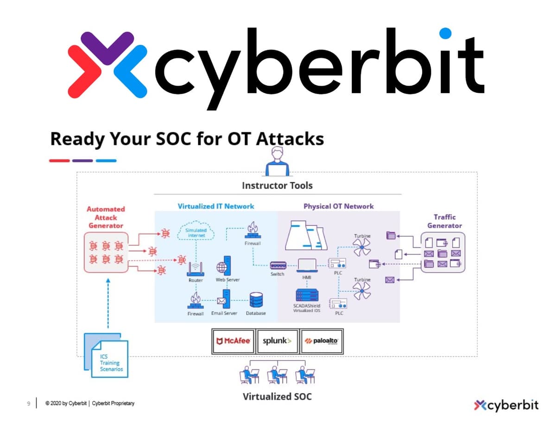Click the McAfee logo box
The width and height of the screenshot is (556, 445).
pyautogui.click(x=234, y=341)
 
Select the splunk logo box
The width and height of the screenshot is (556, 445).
pyautogui.click(x=278, y=341)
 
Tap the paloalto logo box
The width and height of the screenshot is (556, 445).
pyautogui.click(x=322, y=341)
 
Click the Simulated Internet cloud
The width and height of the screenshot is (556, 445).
pyautogui.click(x=196, y=230)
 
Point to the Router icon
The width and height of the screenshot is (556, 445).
pyautogui.click(x=196, y=269)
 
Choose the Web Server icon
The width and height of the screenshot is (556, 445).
pyautogui.click(x=224, y=266)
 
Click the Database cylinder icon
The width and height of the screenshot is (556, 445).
pyautogui.click(x=256, y=300)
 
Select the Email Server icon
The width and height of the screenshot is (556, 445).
pyautogui.click(x=224, y=299)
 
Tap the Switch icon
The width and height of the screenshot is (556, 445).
pyautogui.click(x=278, y=265)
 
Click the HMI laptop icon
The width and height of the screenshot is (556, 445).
pyautogui.click(x=307, y=265)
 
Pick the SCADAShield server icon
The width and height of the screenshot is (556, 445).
pyautogui.click(x=307, y=295)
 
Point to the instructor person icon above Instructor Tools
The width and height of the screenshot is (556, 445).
pyautogui.click(x=277, y=161)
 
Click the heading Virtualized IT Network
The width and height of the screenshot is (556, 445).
pyautogui.click(x=216, y=206)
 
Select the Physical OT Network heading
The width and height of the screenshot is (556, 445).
pyautogui.click(x=338, y=206)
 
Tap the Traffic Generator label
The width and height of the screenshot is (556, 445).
pyautogui.click(x=444, y=221)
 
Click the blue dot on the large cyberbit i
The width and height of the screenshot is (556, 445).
pyautogui.click(x=445, y=33)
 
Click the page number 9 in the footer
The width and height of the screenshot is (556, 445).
pyautogui.click(x=29, y=404)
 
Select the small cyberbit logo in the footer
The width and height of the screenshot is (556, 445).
pyautogui.click(x=506, y=405)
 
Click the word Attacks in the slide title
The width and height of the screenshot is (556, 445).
pyautogui.click(x=290, y=139)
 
